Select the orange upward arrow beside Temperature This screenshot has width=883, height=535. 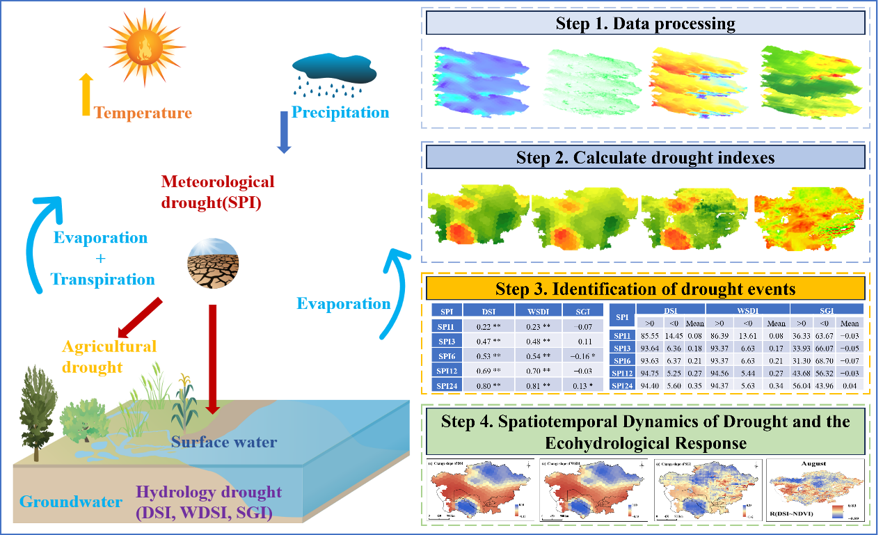coord(86,95)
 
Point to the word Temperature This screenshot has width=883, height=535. coord(143,113)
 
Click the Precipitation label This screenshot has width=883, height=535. coord(340,112)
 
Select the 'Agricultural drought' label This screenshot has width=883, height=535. coord(109,356)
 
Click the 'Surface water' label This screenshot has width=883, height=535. coord(224,442)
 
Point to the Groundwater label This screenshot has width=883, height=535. coord(71,502)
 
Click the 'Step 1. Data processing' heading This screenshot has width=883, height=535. coord(645,23)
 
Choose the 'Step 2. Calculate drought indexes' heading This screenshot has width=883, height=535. coord(645,157)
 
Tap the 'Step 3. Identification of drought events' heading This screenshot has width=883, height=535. coord(645,288)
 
